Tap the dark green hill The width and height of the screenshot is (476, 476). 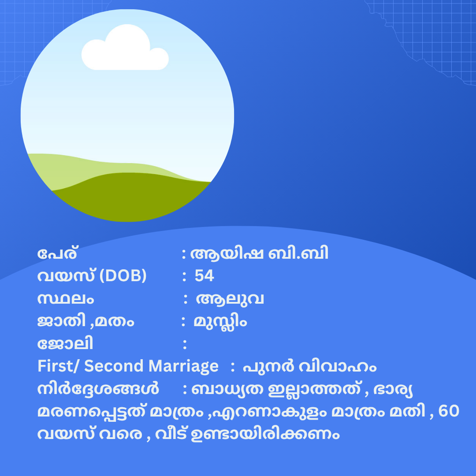130,197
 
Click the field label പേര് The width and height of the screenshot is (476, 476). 57,253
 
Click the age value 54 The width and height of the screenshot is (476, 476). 205,275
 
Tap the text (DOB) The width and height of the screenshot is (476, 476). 123,275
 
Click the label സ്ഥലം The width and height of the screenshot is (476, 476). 66,299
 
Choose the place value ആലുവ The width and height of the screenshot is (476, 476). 230,299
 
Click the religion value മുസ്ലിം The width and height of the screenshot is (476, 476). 220,322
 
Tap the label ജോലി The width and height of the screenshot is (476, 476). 65,344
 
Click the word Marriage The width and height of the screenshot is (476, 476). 183,366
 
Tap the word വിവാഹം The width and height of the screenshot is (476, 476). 338,366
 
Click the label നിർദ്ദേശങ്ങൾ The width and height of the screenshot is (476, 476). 98,389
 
